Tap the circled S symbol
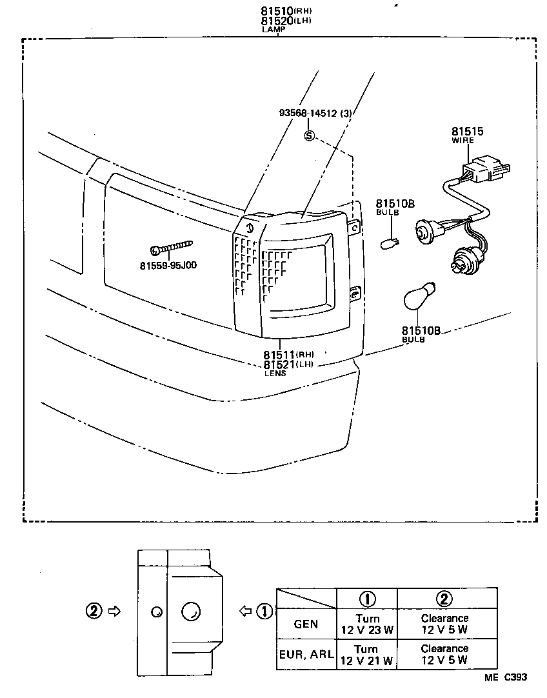click(x=309, y=135)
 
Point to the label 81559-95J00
click(x=168, y=265)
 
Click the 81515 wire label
click(x=467, y=132)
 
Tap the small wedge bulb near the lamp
click(x=391, y=243)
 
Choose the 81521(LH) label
click(x=288, y=364)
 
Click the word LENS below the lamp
click(x=273, y=374)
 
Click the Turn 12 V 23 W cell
click(x=366, y=624)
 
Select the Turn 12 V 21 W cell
click(x=366, y=654)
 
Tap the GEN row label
click(x=306, y=624)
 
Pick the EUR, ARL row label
click(x=306, y=654)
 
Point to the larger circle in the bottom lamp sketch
click(x=191, y=611)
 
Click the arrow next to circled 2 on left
click(x=114, y=610)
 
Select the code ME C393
click(x=506, y=677)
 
